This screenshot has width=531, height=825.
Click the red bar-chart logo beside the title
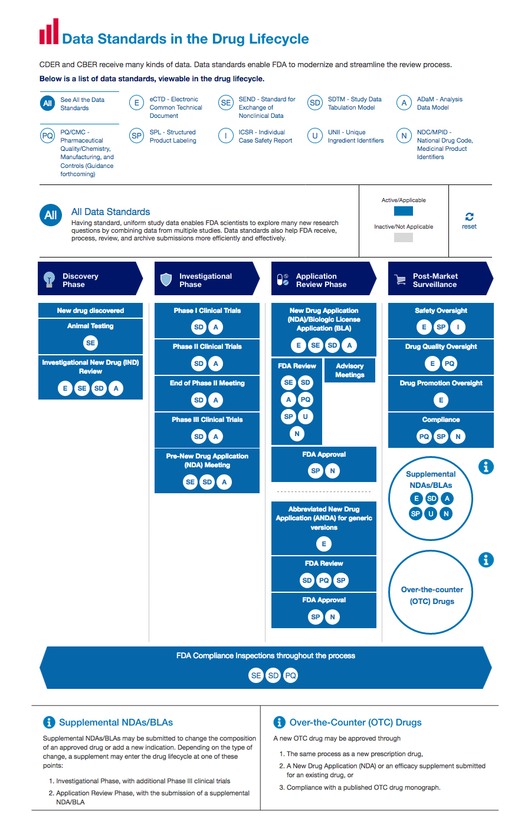point(48,32)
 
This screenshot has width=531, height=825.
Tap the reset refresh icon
point(469,217)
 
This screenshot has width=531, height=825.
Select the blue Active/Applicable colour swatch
point(404,211)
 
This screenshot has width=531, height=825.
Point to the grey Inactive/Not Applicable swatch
point(404,237)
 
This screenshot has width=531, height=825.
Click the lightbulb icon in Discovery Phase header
point(49,279)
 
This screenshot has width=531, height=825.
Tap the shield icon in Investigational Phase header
point(166,279)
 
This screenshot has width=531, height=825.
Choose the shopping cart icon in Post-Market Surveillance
point(400,280)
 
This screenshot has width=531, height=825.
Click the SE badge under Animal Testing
point(90,343)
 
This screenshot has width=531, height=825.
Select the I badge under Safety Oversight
point(458,327)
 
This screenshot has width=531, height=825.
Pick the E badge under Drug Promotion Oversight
point(441,400)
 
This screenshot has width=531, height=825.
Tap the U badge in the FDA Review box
point(306,417)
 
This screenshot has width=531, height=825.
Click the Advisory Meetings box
point(349,371)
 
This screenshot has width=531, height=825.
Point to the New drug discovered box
point(90,311)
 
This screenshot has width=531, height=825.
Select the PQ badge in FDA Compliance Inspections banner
point(290,675)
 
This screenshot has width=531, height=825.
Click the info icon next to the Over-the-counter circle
point(486,560)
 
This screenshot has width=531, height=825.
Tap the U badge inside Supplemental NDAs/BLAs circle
point(431,513)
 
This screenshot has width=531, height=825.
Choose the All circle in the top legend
point(48,103)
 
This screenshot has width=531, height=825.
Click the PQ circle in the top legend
point(48,136)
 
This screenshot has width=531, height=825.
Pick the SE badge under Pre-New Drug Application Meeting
point(190,482)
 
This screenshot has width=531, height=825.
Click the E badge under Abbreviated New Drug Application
point(324,544)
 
